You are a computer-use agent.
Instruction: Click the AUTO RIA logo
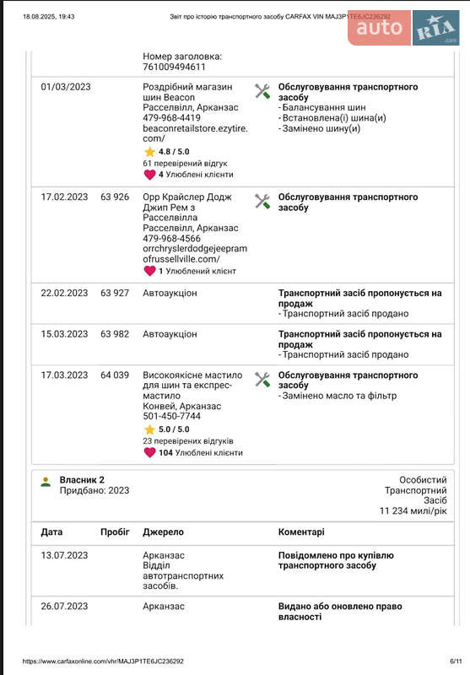pyautogui.click(x=402, y=28)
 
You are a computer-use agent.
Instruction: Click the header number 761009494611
pyautogui.click(x=174, y=67)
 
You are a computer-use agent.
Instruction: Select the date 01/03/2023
pyautogui.click(x=66, y=87)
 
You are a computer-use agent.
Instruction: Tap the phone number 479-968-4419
pyautogui.click(x=171, y=118)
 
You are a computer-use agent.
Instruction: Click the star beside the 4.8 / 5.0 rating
pyautogui.click(x=149, y=151)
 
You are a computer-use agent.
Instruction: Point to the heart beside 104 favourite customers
pyautogui.click(x=149, y=452)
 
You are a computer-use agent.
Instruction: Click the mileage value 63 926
pyautogui.click(x=115, y=197)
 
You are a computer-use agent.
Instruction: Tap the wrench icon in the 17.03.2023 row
pyautogui.click(x=262, y=380)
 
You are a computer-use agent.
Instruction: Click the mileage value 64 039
pyautogui.click(x=115, y=375)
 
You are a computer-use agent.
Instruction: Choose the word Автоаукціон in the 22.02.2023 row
pyautogui.click(x=170, y=294)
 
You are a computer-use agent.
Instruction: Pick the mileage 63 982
pyautogui.click(x=115, y=334)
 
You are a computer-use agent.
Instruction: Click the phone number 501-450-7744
pyautogui.click(x=171, y=417)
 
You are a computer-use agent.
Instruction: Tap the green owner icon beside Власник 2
pyautogui.click(x=46, y=482)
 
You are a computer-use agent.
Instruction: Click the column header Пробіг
pyautogui.click(x=115, y=532)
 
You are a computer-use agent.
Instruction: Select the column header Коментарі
pyautogui.click(x=300, y=532)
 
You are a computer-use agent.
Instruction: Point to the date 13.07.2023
pyautogui.click(x=64, y=555)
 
